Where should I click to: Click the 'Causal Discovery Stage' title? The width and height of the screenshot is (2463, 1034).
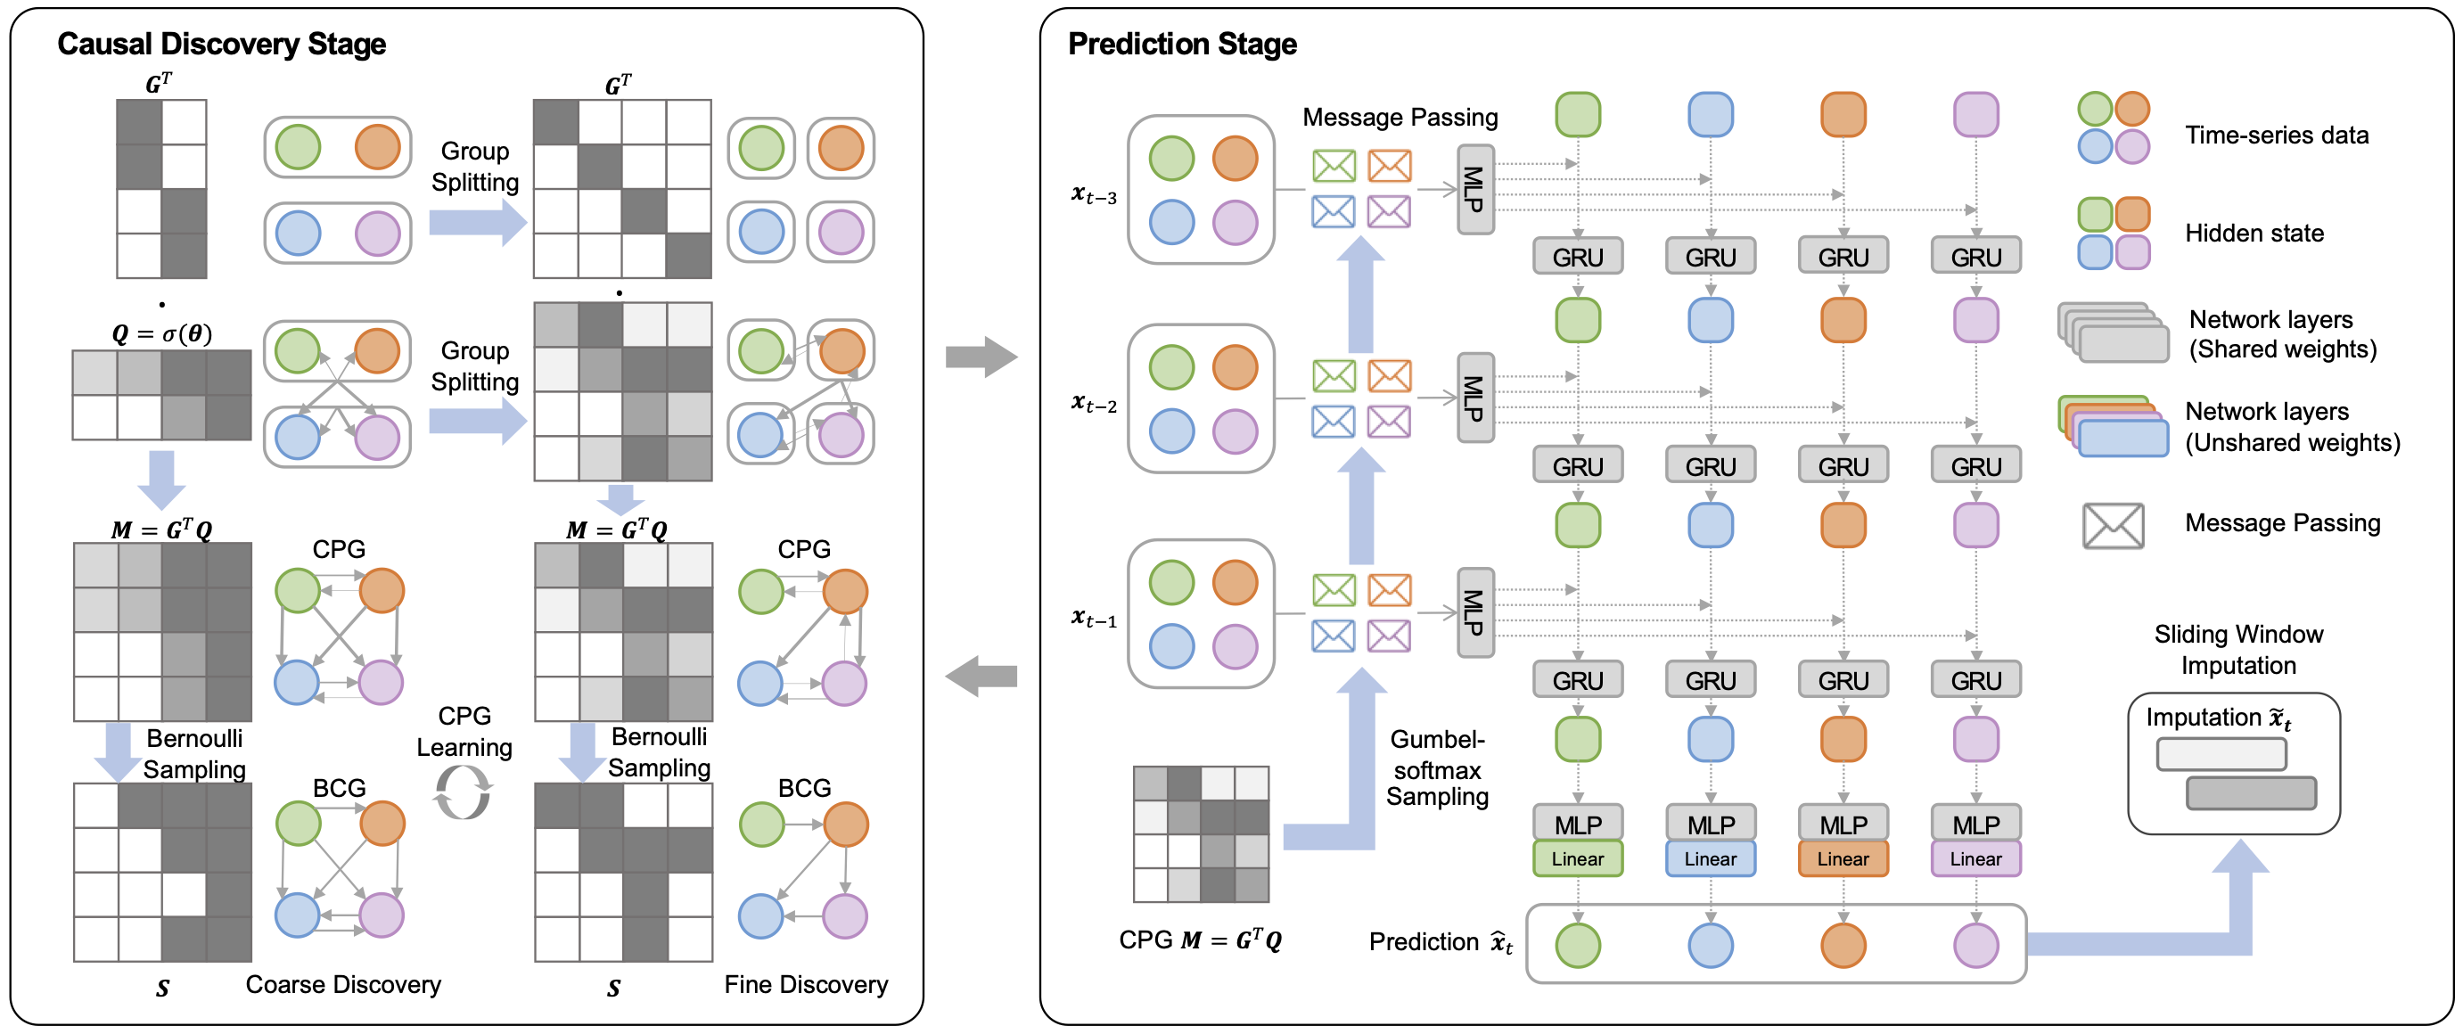(x=221, y=44)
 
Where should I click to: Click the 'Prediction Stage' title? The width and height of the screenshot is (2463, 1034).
(x=1182, y=44)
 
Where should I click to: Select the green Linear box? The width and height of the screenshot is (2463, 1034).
(x=1577, y=859)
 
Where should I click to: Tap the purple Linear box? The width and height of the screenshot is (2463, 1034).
(x=1975, y=859)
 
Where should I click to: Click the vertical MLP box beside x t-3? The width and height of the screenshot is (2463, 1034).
(x=1474, y=189)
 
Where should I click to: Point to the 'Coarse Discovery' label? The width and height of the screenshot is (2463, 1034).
(x=343, y=984)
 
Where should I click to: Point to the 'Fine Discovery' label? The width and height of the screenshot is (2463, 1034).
(x=806, y=984)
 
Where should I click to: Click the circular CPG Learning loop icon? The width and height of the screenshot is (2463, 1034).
(x=464, y=794)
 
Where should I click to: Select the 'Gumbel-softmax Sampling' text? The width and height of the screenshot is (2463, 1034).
(x=1437, y=768)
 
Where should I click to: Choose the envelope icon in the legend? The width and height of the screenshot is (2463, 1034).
(x=2112, y=525)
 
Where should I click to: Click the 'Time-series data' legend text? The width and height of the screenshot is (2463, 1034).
(x=2277, y=135)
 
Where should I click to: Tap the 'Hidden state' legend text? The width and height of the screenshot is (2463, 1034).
(x=2254, y=234)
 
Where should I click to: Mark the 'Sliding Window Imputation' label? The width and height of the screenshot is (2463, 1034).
(x=2238, y=650)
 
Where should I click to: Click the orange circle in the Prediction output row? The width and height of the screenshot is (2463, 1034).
(x=1843, y=945)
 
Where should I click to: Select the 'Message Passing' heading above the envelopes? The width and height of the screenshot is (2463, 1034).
(x=1400, y=118)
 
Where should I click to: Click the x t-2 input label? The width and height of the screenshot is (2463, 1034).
(x=1094, y=404)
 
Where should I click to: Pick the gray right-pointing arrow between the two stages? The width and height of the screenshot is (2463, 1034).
(x=981, y=357)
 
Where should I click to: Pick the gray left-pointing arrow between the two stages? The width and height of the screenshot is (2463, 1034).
(x=981, y=677)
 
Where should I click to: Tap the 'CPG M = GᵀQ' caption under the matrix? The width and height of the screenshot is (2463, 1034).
(x=1200, y=940)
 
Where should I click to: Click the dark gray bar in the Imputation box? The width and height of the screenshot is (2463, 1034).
(x=2251, y=793)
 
